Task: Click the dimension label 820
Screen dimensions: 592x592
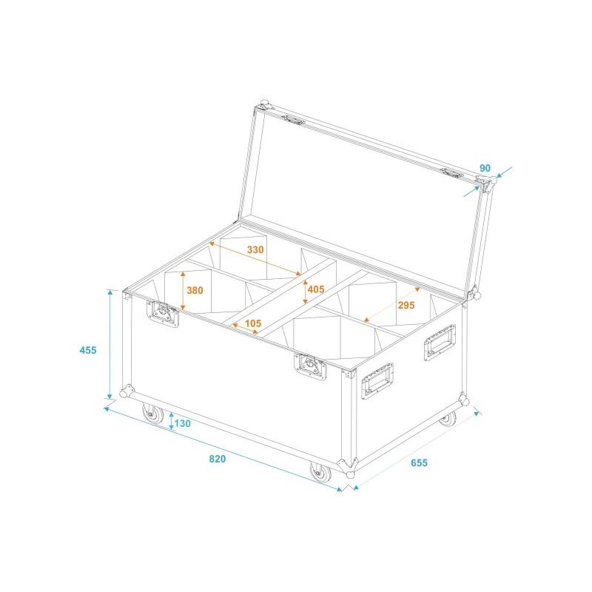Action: (217, 459)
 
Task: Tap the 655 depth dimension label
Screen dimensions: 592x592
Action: (419, 463)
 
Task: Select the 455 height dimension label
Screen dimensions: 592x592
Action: (87, 350)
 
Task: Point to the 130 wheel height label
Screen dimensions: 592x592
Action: (183, 424)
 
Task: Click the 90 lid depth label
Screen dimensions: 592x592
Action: (485, 168)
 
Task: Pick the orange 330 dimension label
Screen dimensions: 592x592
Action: (255, 250)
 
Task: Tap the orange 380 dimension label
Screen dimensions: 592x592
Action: (195, 291)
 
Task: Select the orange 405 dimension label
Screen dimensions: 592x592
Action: (316, 289)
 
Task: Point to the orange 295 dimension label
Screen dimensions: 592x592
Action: (406, 305)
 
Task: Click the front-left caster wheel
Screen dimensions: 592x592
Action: (153, 414)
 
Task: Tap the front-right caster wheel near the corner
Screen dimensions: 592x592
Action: (320, 472)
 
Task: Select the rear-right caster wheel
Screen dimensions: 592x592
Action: (447, 420)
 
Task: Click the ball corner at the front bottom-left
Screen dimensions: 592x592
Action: (127, 391)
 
